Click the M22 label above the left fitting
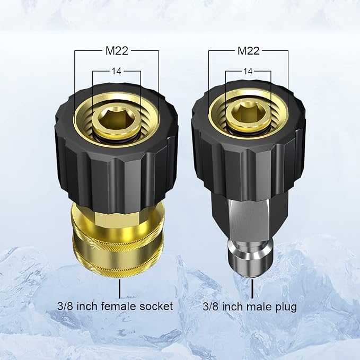point(117,51)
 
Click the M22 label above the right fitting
point(249,51)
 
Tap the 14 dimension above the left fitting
point(117,71)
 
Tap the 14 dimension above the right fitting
point(248,71)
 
